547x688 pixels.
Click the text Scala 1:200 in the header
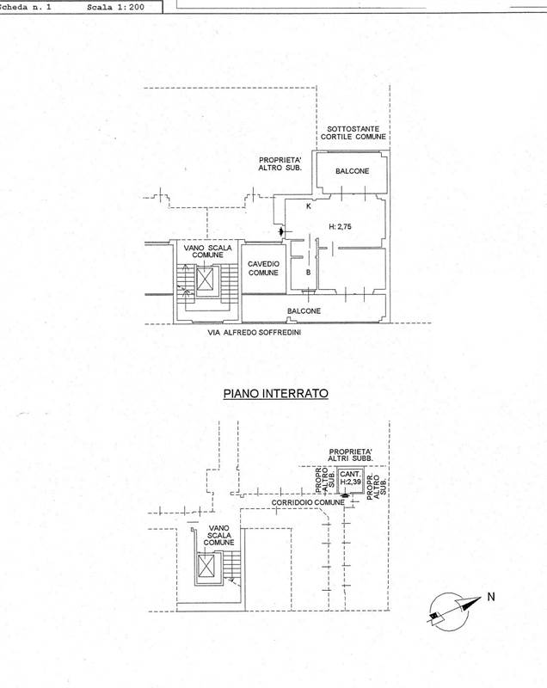(117, 7)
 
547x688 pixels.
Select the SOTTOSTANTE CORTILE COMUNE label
(352, 132)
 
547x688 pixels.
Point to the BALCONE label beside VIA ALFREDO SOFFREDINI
(305, 310)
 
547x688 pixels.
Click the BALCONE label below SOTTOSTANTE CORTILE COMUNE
(353, 171)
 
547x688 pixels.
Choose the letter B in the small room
(309, 273)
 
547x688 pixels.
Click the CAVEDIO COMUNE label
(264, 268)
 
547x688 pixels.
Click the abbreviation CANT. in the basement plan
(349, 475)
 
